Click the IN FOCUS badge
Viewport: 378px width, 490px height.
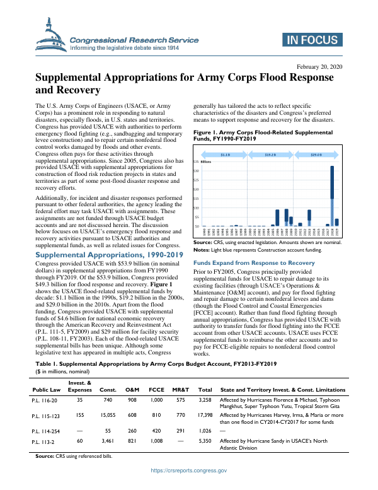(313, 40)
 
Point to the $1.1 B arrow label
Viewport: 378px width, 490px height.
(226, 155)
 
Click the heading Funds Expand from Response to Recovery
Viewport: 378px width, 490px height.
(254, 262)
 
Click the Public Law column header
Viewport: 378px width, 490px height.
(47, 388)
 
